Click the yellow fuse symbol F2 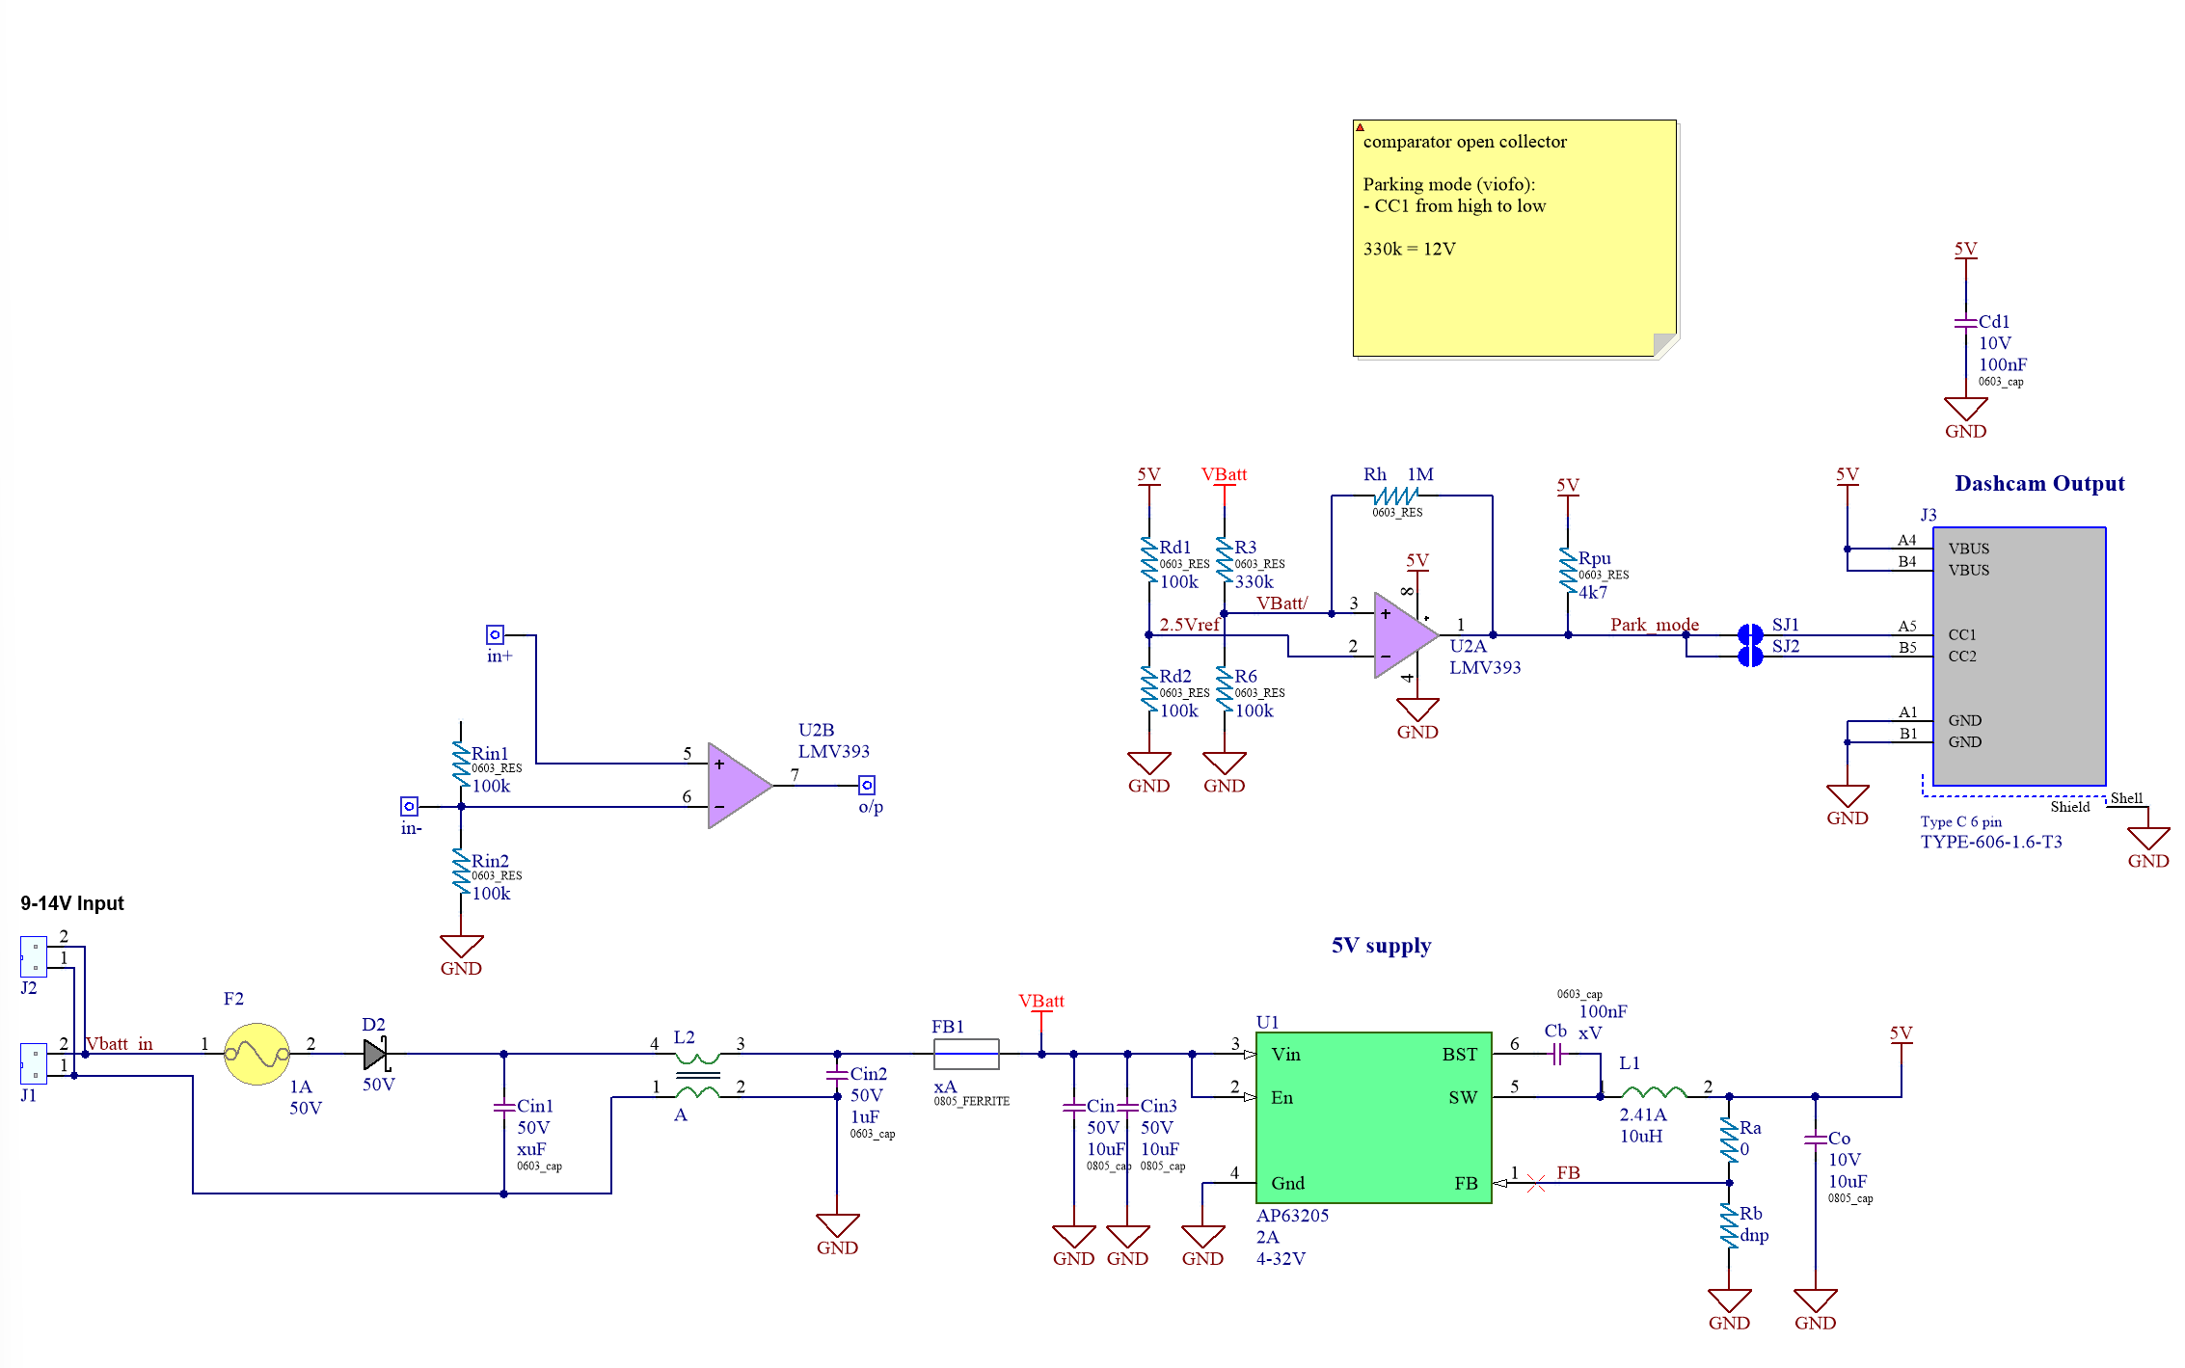tap(256, 1054)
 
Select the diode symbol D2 tap(376, 1054)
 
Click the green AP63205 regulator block tap(1373, 1117)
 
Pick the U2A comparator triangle tap(1406, 635)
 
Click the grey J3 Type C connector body tap(2019, 657)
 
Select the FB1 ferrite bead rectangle tap(966, 1054)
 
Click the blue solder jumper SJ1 tap(1750, 634)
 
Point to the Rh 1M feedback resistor tap(1395, 496)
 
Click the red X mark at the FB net tap(1536, 1183)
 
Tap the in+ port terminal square tap(495, 634)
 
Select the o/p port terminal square tap(867, 786)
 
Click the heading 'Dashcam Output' tap(2039, 483)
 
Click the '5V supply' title tap(1381, 946)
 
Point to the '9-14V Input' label tap(72, 903)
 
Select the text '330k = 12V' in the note tap(1409, 249)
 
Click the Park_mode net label tap(1655, 625)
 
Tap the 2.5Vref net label tap(1189, 625)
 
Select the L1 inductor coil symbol tap(1654, 1092)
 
